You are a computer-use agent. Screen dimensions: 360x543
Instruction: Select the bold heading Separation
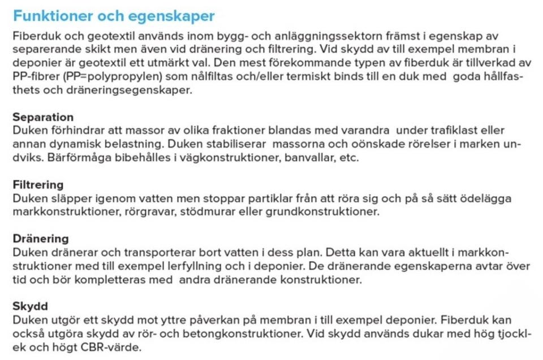(x=43, y=117)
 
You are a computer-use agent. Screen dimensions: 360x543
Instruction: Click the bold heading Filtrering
(x=38, y=185)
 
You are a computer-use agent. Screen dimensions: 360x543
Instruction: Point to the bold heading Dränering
(x=41, y=238)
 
